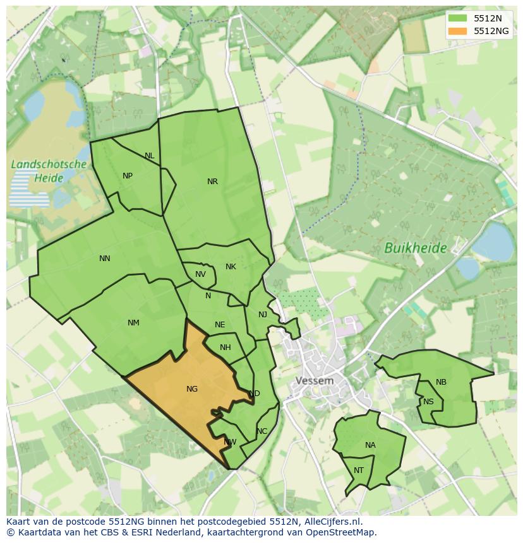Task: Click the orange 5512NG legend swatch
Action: pyautogui.click(x=458, y=31)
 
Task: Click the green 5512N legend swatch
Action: pyautogui.click(x=458, y=18)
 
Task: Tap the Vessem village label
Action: pyautogui.click(x=315, y=381)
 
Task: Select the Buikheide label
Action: pyautogui.click(x=416, y=248)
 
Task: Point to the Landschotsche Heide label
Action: pyautogui.click(x=49, y=171)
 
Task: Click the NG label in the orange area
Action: pyautogui.click(x=192, y=389)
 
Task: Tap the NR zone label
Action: pyautogui.click(x=212, y=182)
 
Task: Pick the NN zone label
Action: pyautogui.click(x=105, y=258)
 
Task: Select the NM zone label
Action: pyautogui.click(x=133, y=323)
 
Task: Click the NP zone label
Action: pyautogui.click(x=128, y=176)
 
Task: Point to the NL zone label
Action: pyautogui.click(x=149, y=156)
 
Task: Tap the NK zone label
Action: pyautogui.click(x=231, y=267)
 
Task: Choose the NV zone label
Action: pyautogui.click(x=200, y=274)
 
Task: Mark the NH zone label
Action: pyautogui.click(x=225, y=347)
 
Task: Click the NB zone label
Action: pyautogui.click(x=441, y=382)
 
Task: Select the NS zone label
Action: pyautogui.click(x=428, y=402)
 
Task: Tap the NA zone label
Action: pyautogui.click(x=370, y=445)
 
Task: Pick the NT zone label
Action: pyautogui.click(x=359, y=470)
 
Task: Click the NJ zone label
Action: pyautogui.click(x=263, y=315)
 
